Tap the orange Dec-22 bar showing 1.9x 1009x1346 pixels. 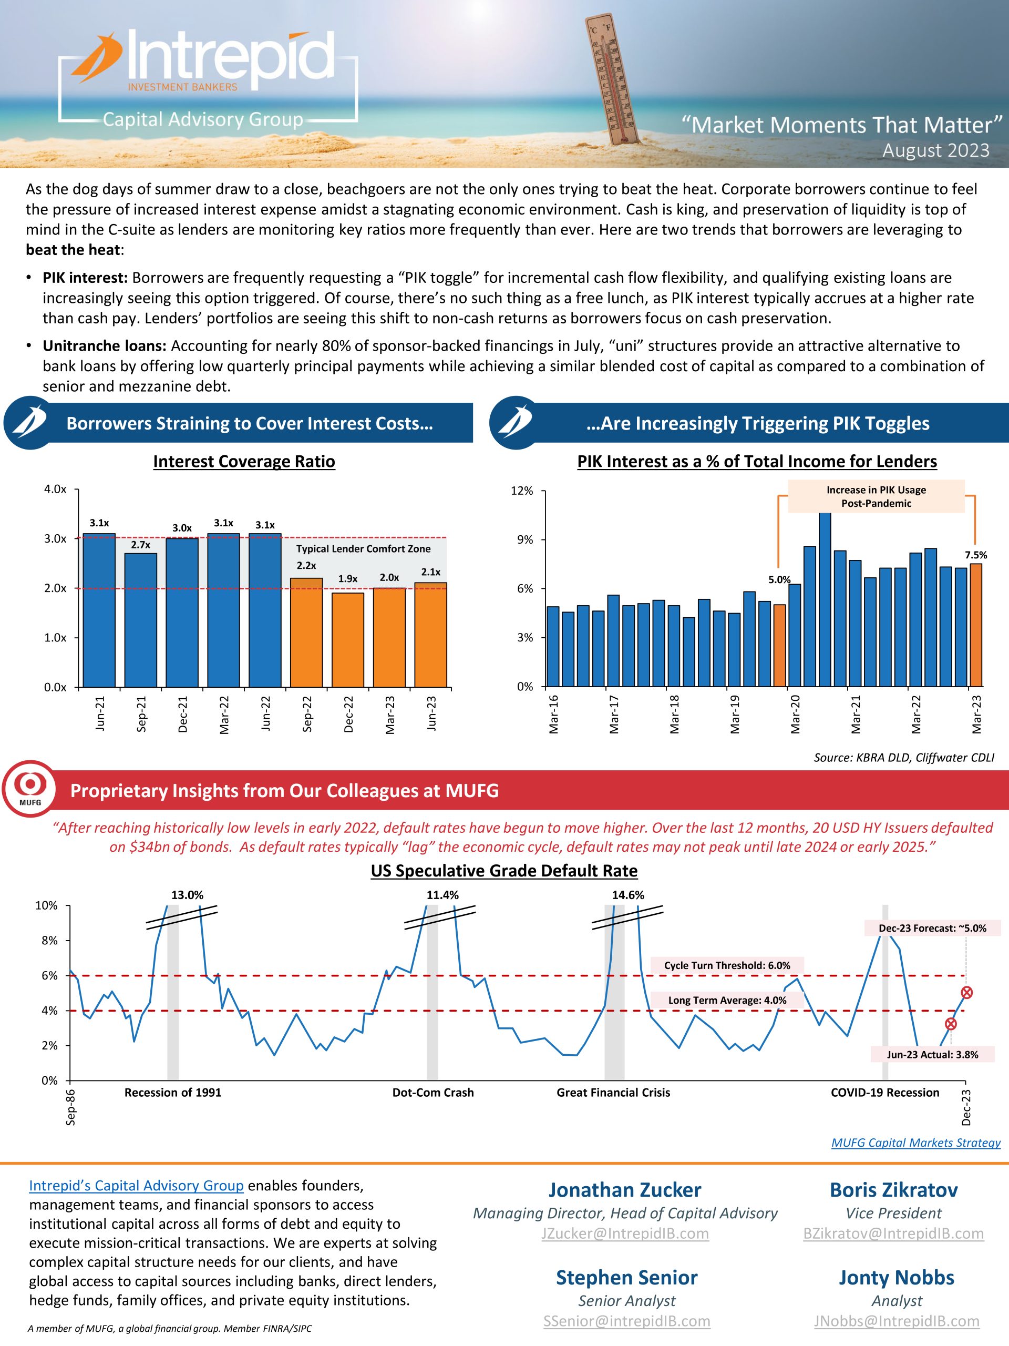click(348, 639)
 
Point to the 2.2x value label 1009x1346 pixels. click(306, 566)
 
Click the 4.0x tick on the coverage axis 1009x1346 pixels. click(55, 489)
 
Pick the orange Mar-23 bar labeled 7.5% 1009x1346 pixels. click(975, 625)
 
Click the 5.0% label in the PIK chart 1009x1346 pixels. click(779, 580)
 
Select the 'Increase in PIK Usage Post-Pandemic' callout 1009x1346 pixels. click(876, 496)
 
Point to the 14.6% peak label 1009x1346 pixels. click(627, 895)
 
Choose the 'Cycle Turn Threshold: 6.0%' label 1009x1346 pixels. click(727, 966)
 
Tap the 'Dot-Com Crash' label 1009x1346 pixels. click(433, 1092)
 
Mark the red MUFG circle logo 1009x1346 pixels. click(30, 788)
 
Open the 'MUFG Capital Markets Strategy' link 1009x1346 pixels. click(915, 1143)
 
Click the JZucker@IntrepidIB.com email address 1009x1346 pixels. click(625, 1233)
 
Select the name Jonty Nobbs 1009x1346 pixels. click(897, 1277)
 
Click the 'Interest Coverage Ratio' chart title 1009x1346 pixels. click(244, 461)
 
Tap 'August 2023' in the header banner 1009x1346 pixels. click(935, 150)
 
